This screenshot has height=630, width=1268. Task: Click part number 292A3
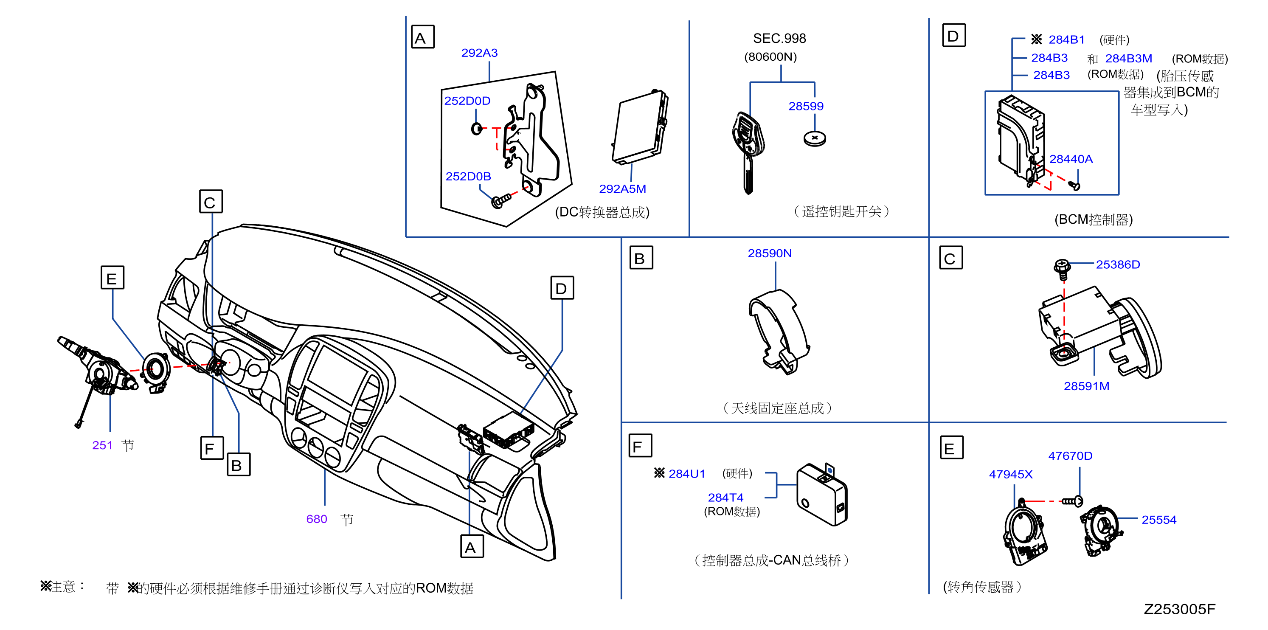479,53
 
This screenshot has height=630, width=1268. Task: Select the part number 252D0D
467,101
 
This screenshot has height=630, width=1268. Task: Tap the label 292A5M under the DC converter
622,189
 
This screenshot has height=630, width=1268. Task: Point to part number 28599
806,106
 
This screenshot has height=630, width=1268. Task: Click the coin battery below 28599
815,138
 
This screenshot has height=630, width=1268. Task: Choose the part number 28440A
1071,159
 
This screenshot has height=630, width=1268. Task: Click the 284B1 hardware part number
1066,40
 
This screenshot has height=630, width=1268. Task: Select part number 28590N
769,253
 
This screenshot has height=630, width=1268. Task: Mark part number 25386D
1117,265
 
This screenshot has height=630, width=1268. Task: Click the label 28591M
1086,386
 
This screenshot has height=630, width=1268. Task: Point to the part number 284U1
687,474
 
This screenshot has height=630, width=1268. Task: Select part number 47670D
1070,456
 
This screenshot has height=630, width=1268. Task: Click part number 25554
1159,520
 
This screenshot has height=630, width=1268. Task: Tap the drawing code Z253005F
1179,609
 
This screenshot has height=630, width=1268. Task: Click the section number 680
317,519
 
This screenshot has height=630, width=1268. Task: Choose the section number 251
102,445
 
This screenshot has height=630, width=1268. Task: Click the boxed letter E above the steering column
112,278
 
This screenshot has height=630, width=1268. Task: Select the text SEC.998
779,38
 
